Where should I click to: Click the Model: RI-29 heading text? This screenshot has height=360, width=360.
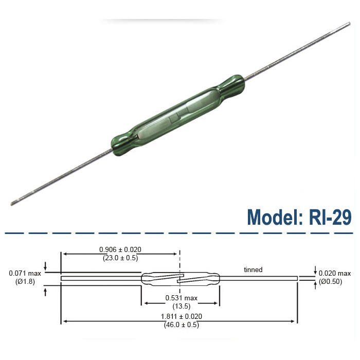tap(299, 217)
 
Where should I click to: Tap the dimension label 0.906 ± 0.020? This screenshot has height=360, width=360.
tap(120, 249)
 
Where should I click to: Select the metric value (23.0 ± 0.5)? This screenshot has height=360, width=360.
tap(120, 258)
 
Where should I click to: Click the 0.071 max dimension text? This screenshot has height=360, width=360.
tap(22, 273)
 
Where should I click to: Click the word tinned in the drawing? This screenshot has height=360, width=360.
tap(253, 269)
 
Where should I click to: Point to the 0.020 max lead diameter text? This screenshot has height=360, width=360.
tap(335, 273)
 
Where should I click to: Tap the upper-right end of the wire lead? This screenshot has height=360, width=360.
tap(348, 24)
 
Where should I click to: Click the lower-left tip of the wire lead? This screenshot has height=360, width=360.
tap(13, 203)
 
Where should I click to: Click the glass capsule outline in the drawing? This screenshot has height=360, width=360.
tap(154, 275)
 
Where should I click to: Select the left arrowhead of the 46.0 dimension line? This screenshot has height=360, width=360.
tap(64, 321)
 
